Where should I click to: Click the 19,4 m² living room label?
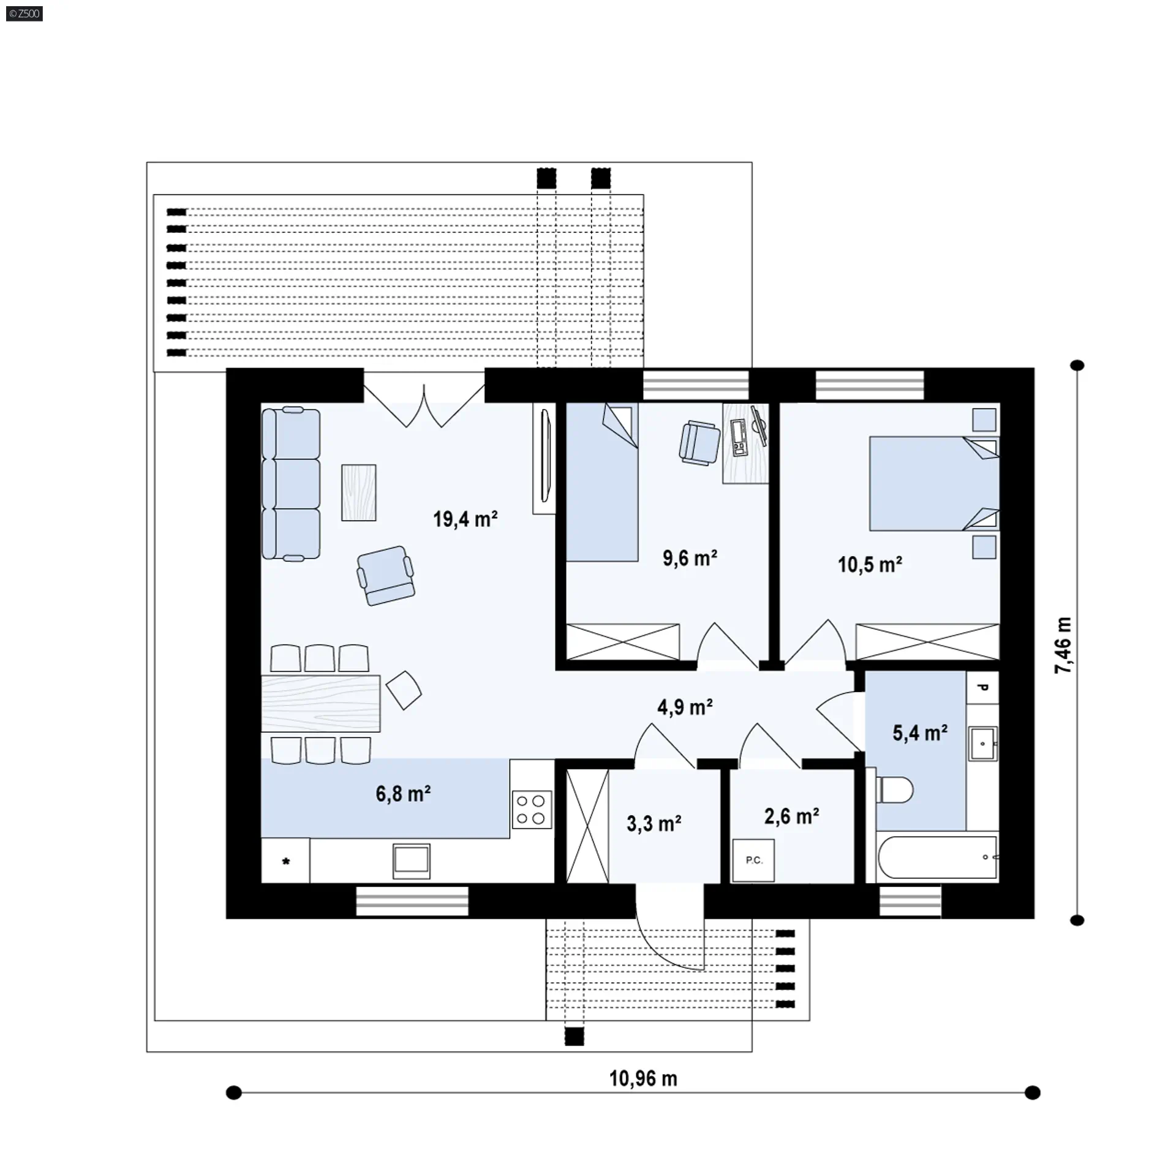[x=465, y=519]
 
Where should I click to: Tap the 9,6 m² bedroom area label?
[x=690, y=558]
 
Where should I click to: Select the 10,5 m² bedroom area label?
[x=870, y=564]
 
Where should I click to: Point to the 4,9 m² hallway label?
[x=685, y=707]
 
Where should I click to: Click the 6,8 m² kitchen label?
[x=403, y=794]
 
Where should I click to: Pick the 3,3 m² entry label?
[x=654, y=824]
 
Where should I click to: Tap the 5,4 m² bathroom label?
[x=920, y=733]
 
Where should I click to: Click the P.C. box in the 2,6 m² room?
[x=753, y=861]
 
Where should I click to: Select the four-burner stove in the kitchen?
[x=532, y=810]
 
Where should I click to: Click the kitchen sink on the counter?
[x=411, y=861]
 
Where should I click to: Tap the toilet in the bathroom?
[x=895, y=790]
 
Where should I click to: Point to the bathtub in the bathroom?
[x=938, y=857]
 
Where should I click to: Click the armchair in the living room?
[x=386, y=576]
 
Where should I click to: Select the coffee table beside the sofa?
[x=359, y=492]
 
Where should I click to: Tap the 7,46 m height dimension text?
[x=1063, y=646]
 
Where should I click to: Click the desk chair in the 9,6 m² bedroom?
[x=699, y=442]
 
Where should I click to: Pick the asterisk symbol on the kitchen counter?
[x=285, y=862]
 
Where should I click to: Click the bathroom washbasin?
[x=983, y=743]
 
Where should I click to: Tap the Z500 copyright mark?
[x=24, y=13]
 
